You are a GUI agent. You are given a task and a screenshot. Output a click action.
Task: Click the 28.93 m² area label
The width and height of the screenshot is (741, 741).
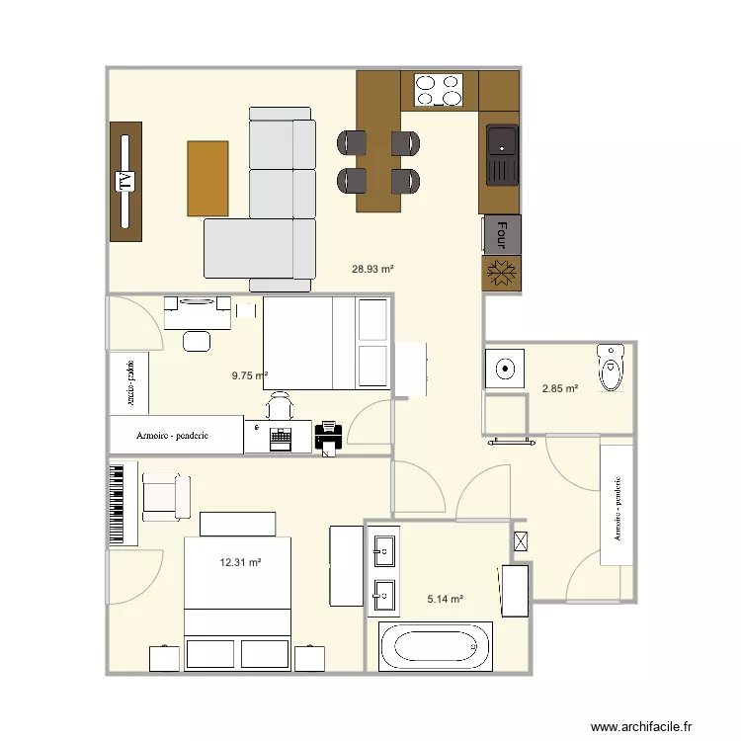[x=373, y=268]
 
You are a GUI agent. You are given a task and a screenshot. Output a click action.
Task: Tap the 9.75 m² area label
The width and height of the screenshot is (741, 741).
[x=250, y=375]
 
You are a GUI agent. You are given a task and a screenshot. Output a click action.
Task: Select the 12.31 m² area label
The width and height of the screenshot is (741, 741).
[x=240, y=562]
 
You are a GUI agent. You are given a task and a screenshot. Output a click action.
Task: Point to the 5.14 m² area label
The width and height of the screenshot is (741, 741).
[x=445, y=599]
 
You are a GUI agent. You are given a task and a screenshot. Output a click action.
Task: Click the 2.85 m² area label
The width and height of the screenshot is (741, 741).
[x=559, y=388]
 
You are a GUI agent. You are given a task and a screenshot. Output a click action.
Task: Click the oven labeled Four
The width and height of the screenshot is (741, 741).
[x=501, y=234]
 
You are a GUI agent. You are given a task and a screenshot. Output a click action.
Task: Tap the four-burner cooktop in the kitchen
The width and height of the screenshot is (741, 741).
[x=439, y=90]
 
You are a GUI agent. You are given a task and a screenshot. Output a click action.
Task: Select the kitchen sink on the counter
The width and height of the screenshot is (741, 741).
[x=501, y=155]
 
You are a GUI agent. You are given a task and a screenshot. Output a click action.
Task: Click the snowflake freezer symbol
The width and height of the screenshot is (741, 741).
[x=500, y=273]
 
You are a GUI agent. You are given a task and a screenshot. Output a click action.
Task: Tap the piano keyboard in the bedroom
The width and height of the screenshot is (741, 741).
[x=122, y=503]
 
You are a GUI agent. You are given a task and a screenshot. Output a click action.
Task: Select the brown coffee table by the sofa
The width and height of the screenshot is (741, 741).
[x=207, y=178]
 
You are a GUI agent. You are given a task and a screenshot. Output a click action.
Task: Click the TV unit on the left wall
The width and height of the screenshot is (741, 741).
[x=124, y=181]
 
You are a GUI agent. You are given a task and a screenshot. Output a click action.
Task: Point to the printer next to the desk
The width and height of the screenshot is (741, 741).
[x=328, y=436]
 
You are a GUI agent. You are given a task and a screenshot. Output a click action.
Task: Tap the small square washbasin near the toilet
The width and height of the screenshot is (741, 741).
[x=505, y=369]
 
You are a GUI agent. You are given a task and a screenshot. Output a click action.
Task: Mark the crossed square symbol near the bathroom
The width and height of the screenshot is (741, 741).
[x=521, y=541]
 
